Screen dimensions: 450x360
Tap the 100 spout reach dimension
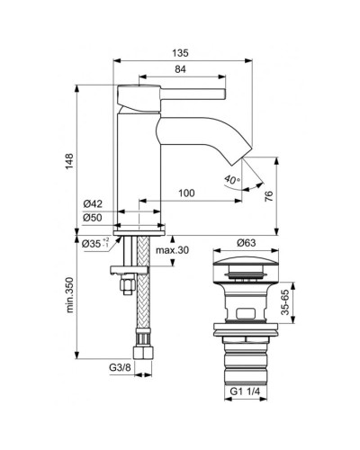point(187,193)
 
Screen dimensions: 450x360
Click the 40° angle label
point(233,181)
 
